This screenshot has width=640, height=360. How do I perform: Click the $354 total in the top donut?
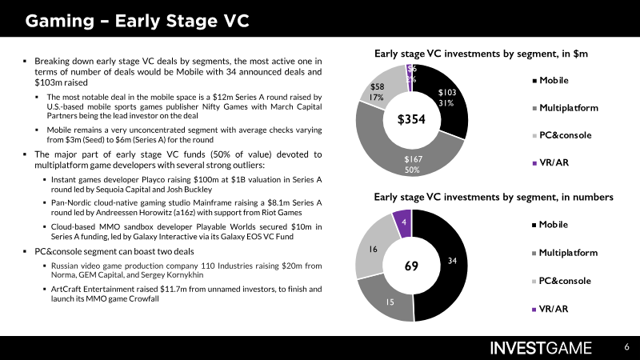pyautogui.click(x=411, y=119)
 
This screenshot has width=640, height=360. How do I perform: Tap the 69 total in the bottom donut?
pyautogui.click(x=411, y=266)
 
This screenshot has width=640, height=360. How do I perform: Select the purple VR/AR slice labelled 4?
pyautogui.click(x=403, y=223)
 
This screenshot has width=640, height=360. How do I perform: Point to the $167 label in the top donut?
pyautogui.click(x=413, y=159)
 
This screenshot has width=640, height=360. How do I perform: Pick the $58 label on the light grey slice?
pyautogui.click(x=377, y=86)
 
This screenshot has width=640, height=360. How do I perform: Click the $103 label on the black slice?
pyautogui.click(x=447, y=93)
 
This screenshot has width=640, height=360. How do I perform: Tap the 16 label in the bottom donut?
pyautogui.click(x=373, y=249)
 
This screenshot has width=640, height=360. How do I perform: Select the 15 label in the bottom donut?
pyautogui.click(x=390, y=302)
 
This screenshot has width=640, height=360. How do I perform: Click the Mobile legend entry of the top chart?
pyautogui.click(x=550, y=81)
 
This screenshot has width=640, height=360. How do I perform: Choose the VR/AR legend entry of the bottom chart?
pyautogui.click(x=550, y=309)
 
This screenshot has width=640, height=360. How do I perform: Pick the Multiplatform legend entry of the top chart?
pyautogui.click(x=566, y=108)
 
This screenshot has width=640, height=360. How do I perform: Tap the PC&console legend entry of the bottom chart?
pyautogui.click(x=562, y=281)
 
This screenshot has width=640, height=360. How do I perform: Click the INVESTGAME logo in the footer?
pyautogui.click(x=541, y=348)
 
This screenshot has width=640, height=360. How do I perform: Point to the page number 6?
pyautogui.click(x=626, y=347)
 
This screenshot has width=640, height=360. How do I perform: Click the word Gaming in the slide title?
pyautogui.click(x=60, y=22)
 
